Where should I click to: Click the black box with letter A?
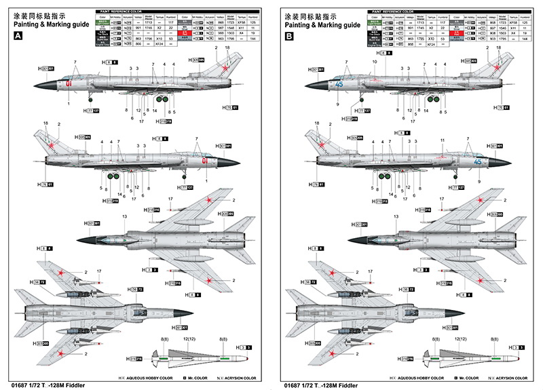(17, 39)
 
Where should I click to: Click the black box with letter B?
(289, 39)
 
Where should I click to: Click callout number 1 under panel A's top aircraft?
(69, 103)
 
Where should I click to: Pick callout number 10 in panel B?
(373, 62)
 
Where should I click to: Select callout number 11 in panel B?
(442, 141)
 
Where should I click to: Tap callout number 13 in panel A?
(124, 216)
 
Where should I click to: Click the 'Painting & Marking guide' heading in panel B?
(322, 25)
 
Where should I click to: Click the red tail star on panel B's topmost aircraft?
(499, 66)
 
